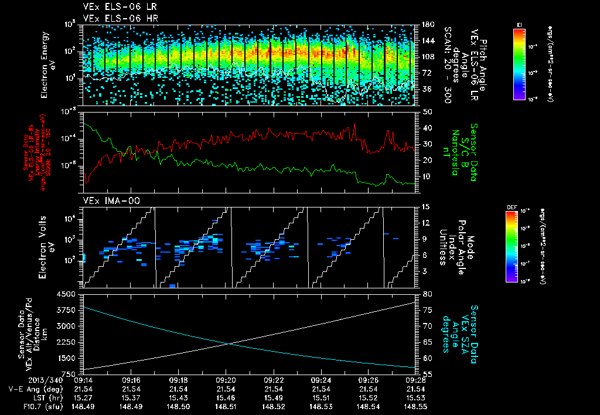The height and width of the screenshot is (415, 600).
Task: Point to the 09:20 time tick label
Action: (x=226, y=380)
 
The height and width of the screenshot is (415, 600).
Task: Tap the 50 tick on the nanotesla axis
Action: (x=427, y=111)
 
